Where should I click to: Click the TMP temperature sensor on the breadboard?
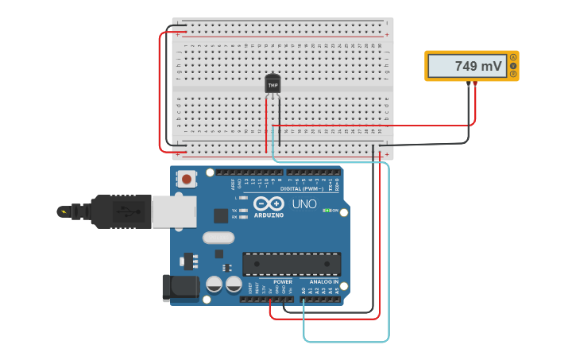pyautogui.click(x=273, y=83)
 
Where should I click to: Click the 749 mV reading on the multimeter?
pyautogui.click(x=477, y=67)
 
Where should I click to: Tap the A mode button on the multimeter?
pyautogui.click(x=514, y=57)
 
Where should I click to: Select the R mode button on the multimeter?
pyautogui.click(x=514, y=75)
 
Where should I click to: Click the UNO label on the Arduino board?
pyautogui.click(x=305, y=204)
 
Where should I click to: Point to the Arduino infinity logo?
pyautogui.click(x=269, y=204)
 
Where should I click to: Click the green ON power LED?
pyautogui.click(x=327, y=211)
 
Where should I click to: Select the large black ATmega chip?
pyautogui.click(x=291, y=264)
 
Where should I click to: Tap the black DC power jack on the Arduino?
pyautogui.click(x=180, y=288)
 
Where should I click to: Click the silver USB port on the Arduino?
pyautogui.click(x=174, y=212)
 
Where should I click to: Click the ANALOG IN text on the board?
pyautogui.click(x=323, y=282)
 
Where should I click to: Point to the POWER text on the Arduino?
pyautogui.click(x=283, y=282)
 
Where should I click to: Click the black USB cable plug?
pyautogui.click(x=119, y=211)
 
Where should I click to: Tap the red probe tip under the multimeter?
pyautogui.click(x=475, y=83)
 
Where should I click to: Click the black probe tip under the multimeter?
pyautogui.click(x=468, y=83)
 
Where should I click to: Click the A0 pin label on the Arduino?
pyautogui.click(x=303, y=291)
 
